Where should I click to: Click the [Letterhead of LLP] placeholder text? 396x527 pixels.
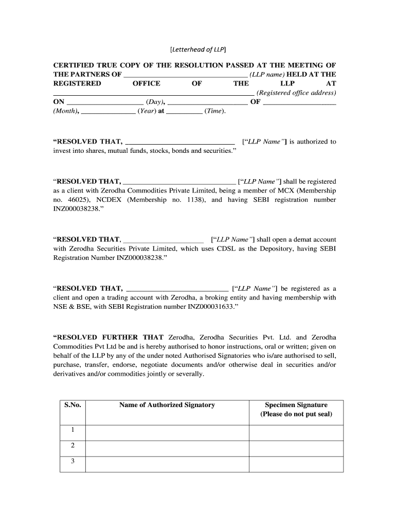point(198,49)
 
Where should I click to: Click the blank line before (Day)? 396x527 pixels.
point(105,102)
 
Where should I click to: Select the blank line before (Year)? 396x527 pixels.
point(109,111)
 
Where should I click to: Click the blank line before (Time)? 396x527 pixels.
point(185,111)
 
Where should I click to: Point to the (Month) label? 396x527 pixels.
point(65,111)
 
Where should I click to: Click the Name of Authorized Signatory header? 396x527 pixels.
point(167,405)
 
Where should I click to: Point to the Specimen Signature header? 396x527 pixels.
point(296,405)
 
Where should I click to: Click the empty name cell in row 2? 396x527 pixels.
point(167,446)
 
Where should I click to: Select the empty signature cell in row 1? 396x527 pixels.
point(296,433)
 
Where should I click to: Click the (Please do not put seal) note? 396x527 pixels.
point(296,414)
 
